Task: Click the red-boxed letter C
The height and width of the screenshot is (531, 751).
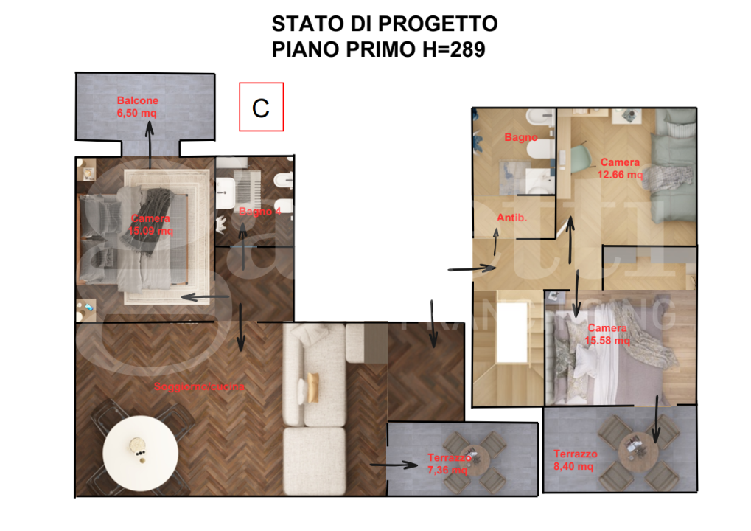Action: pyautogui.click(x=261, y=108)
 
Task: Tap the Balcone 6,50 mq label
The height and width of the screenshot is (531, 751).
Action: pyautogui.click(x=137, y=107)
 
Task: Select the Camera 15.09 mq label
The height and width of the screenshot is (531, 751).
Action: pyautogui.click(x=151, y=225)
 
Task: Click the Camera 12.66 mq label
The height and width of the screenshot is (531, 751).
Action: pyautogui.click(x=620, y=169)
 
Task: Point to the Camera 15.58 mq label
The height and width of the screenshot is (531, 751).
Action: pyautogui.click(x=608, y=334)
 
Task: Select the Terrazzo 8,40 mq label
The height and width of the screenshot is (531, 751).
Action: pyautogui.click(x=575, y=460)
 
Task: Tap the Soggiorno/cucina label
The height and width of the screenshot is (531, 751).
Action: pyautogui.click(x=199, y=386)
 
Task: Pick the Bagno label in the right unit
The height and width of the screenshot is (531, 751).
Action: pyautogui.click(x=520, y=137)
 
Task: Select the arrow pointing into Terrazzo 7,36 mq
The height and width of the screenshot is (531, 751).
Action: pyautogui.click(x=394, y=465)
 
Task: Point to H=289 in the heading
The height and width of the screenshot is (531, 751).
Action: pyautogui.click(x=445, y=50)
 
